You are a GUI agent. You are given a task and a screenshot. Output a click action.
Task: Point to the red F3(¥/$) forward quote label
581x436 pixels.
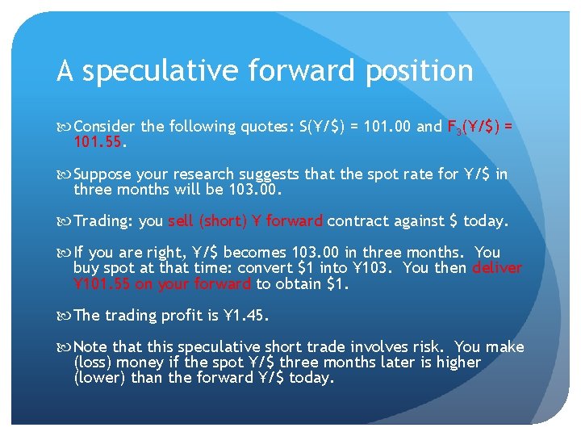[x=476, y=127]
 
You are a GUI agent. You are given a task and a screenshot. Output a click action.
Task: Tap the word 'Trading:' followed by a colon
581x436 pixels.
[x=104, y=221]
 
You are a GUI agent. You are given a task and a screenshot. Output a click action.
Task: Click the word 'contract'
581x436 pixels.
[x=357, y=221]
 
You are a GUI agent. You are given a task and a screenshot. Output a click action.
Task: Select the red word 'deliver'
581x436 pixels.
[x=497, y=268]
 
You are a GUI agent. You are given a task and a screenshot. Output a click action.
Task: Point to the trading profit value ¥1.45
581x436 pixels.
[x=249, y=315]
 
